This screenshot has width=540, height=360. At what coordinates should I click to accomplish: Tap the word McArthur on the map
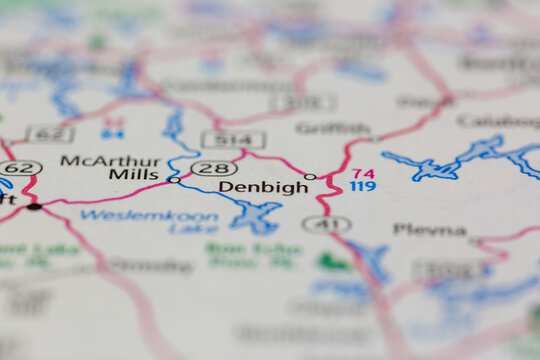coord(97,160)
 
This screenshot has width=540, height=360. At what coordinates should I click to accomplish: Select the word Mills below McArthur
coord(134,176)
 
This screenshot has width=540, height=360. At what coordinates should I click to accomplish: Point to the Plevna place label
coord(429,229)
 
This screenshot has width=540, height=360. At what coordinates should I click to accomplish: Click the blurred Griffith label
coord(332,128)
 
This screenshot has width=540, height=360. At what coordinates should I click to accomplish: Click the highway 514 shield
coord(233,139)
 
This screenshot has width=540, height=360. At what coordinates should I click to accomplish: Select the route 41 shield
coord(326,224)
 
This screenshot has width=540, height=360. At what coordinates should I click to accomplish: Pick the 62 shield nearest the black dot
coord(22,168)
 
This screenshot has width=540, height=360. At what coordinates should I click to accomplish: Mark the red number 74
coord(363,173)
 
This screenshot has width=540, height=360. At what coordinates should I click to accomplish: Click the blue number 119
coord(362,187)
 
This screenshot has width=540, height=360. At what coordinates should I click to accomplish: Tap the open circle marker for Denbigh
coord(310,177)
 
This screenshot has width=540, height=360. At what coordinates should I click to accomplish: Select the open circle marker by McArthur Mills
coord(175,180)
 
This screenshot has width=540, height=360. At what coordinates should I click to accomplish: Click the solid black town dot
coord(34,206)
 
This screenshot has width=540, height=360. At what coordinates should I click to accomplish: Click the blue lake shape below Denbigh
coord(256,215)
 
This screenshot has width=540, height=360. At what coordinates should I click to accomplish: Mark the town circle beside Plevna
coord(475,241)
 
